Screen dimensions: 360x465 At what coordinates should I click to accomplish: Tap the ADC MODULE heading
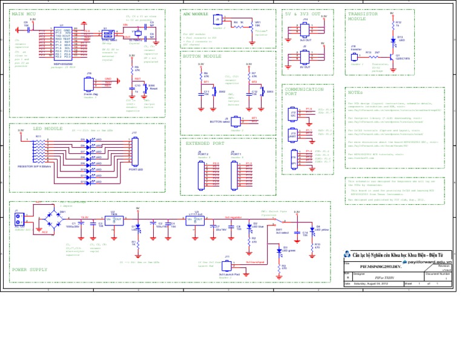point(196,13)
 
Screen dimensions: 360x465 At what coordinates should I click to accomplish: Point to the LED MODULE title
point(48,128)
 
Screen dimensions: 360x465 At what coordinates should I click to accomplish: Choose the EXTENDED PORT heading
point(205,144)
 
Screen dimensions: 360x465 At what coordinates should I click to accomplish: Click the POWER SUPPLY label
point(30,268)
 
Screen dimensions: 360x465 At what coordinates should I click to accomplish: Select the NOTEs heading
point(355,92)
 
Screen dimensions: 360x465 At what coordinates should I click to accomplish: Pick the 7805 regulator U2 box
point(114,219)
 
